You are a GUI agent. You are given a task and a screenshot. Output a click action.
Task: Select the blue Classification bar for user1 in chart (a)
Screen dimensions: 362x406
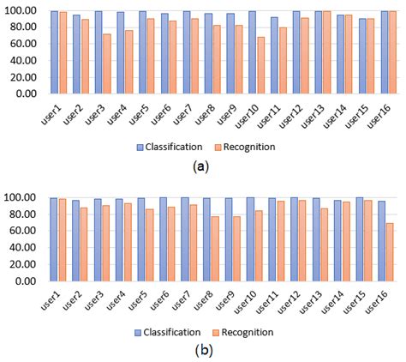[x=54, y=52]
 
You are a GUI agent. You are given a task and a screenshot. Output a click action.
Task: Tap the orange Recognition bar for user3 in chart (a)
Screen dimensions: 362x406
[x=107, y=64]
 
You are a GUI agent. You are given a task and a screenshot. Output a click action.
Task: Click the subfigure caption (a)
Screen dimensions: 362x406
[x=202, y=168]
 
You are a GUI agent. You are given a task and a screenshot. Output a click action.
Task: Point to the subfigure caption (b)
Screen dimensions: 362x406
[x=202, y=352]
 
